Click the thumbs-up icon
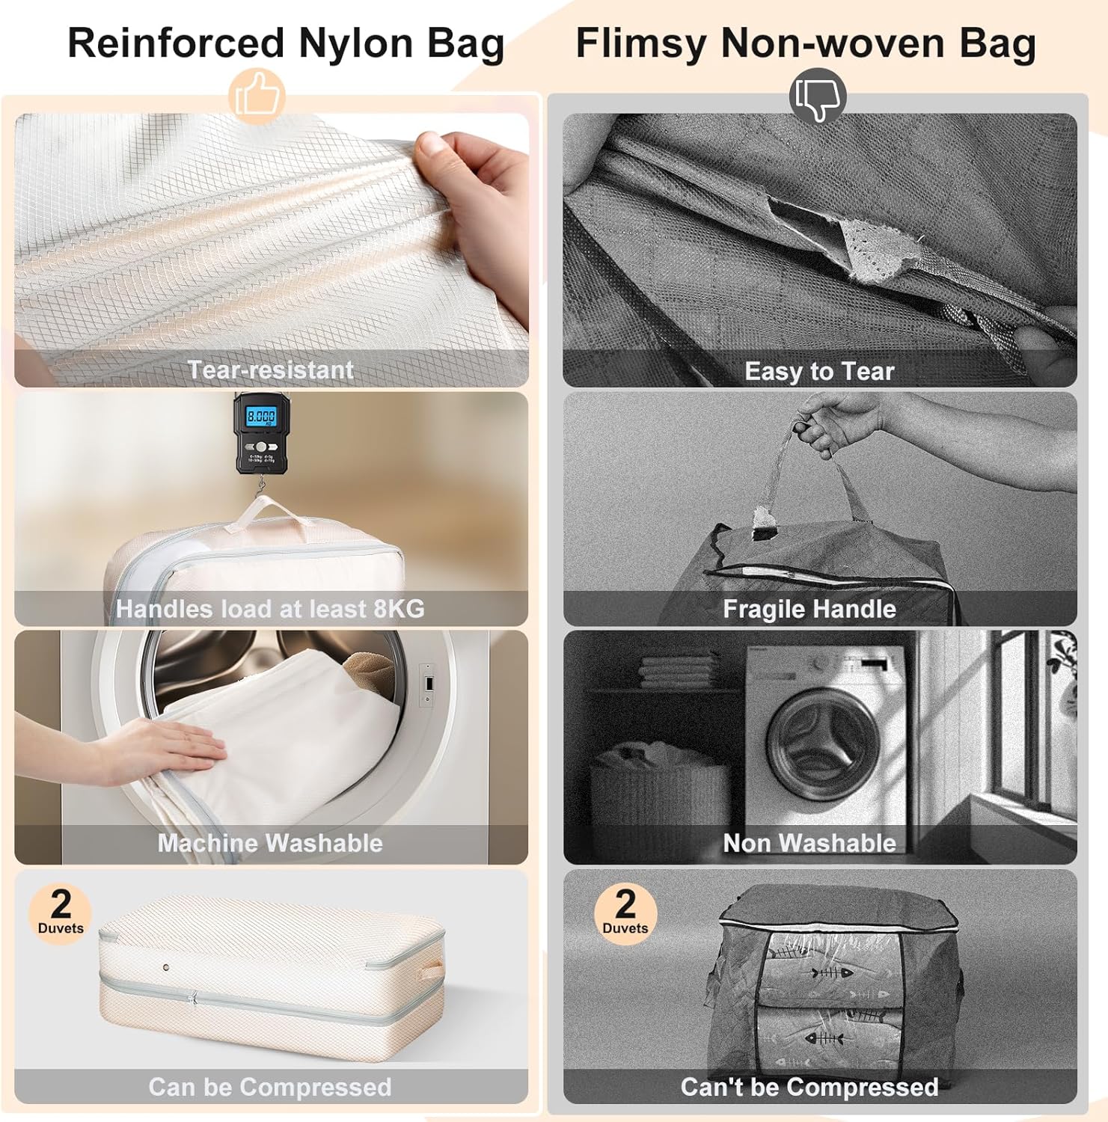pos(257,96)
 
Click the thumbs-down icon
pos(817,98)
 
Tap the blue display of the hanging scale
pos(261,416)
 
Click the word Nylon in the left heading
pos(355,43)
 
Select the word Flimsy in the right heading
pos(640,43)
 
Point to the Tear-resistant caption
pos(270,370)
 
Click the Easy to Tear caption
pos(819,371)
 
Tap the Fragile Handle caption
pos(809,609)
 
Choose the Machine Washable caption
pos(270,843)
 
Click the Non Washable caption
pos(809,843)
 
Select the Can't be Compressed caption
pos(809,1086)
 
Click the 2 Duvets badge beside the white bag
pos(61,913)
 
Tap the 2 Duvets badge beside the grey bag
pos(625,913)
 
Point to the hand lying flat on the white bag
pos(150,751)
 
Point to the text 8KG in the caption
pos(399,609)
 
